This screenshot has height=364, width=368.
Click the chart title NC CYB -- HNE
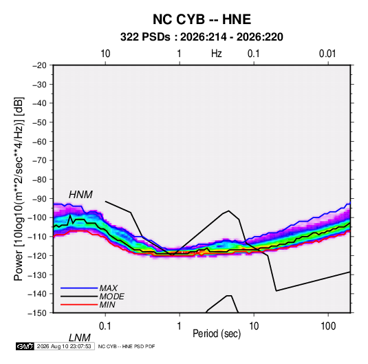click(202, 19)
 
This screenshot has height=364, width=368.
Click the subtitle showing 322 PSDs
click(202, 37)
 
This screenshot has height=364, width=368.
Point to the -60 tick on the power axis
click(39, 141)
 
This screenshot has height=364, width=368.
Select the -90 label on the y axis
click(39, 199)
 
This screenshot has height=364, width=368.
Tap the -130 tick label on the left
click(37, 275)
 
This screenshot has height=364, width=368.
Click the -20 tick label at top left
click(39, 65)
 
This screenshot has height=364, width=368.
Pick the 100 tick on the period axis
click(328, 326)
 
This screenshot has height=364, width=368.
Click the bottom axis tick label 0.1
click(105, 326)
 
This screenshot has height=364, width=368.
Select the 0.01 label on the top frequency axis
click(327, 54)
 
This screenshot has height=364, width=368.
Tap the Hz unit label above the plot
click(217, 54)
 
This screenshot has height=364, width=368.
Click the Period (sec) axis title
click(217, 334)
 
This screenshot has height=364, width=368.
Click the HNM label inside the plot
click(80, 195)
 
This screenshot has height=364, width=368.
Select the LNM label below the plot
click(79, 338)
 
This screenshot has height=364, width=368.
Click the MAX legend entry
click(108, 288)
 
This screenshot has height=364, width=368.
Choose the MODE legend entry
click(111, 297)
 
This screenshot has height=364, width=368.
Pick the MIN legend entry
click(107, 305)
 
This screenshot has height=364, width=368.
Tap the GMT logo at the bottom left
click(25, 346)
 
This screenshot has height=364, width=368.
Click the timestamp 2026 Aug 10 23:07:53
click(64, 346)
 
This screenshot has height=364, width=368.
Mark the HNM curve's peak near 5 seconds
click(228, 211)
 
